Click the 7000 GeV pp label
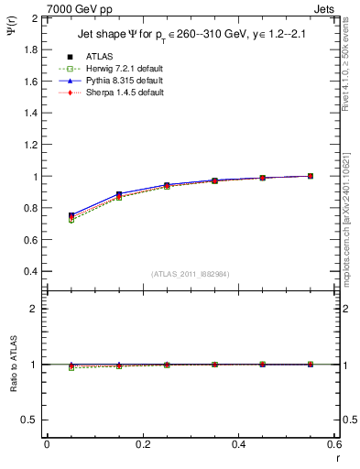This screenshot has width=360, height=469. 77,9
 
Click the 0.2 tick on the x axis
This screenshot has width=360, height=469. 142,444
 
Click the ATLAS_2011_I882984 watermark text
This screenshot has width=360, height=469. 191,275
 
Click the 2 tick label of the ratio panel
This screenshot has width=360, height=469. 37,309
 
